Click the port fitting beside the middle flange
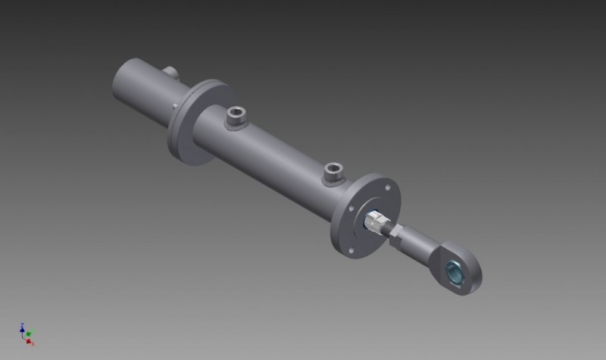[236, 117]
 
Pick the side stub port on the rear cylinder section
[171, 72]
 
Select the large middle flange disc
[195, 125]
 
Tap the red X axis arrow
[30, 343]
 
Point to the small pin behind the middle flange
[176, 105]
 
